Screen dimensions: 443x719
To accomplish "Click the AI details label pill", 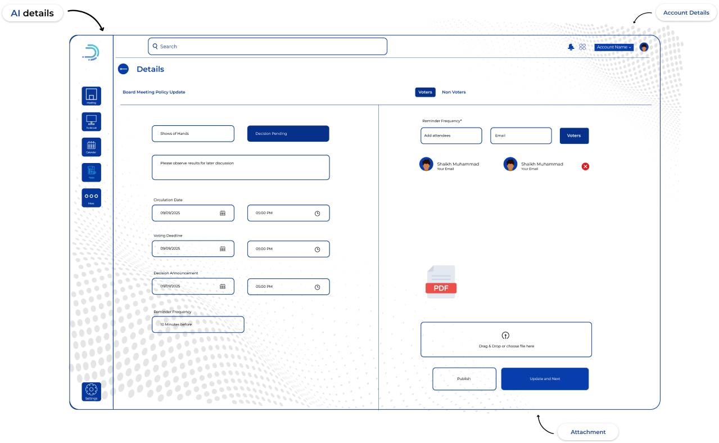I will pos(33,13).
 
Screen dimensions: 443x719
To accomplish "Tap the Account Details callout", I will pos(686,13).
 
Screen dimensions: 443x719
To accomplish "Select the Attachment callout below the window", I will pos(588,432).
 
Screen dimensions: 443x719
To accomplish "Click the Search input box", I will pos(268,46).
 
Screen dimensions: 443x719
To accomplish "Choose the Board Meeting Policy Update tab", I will pos(153,92).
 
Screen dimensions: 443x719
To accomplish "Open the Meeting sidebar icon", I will pos(91,96).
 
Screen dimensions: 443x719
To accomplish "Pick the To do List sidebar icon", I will pos(91,121).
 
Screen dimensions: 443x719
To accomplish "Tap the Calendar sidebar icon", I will pos(91,147).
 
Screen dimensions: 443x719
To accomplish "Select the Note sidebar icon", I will pos(91,172).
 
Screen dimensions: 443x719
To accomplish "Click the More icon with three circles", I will pos(91,197).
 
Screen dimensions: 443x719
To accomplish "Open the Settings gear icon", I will pos(91,391).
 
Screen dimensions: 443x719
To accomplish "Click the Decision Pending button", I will pos(288,134).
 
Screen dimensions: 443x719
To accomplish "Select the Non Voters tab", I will pos(454,92).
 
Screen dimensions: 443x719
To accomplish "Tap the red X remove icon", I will pos(585,166).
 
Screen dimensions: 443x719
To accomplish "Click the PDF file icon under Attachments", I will pos(441,282).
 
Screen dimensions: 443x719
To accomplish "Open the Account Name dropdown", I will pos(614,47).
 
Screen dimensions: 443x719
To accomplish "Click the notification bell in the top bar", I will pos(571,47).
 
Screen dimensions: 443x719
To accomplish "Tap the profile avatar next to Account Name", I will pos(644,47).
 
